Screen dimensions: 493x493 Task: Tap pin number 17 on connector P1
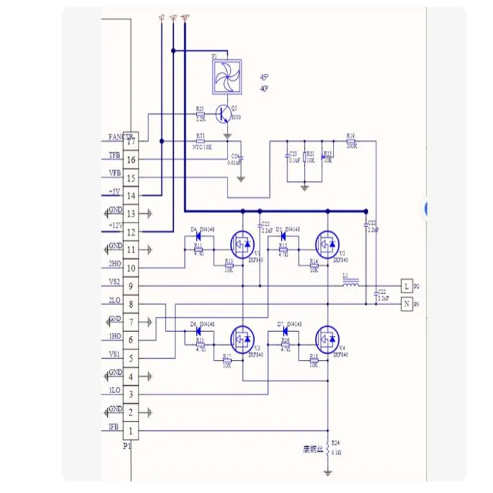[x=131, y=141]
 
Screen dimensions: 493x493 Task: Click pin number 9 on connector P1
[x=131, y=286]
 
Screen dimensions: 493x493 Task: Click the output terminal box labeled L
[x=405, y=285]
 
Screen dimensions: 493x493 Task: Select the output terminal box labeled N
[x=405, y=303]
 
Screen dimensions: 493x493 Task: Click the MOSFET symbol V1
[x=242, y=243]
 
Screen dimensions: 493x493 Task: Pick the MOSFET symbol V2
[x=327, y=243]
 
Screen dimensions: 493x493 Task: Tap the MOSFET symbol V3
[x=242, y=338]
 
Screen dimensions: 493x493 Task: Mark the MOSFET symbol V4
[x=327, y=338]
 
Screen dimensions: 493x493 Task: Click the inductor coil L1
[x=351, y=285]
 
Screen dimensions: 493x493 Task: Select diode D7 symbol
[x=284, y=329]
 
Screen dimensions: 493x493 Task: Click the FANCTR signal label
[x=119, y=136]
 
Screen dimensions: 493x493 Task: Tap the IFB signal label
[x=113, y=426]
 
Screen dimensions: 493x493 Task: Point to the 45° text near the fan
[x=264, y=78]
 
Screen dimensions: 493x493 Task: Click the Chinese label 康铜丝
[x=313, y=448]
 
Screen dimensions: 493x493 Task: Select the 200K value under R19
[x=351, y=146]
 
